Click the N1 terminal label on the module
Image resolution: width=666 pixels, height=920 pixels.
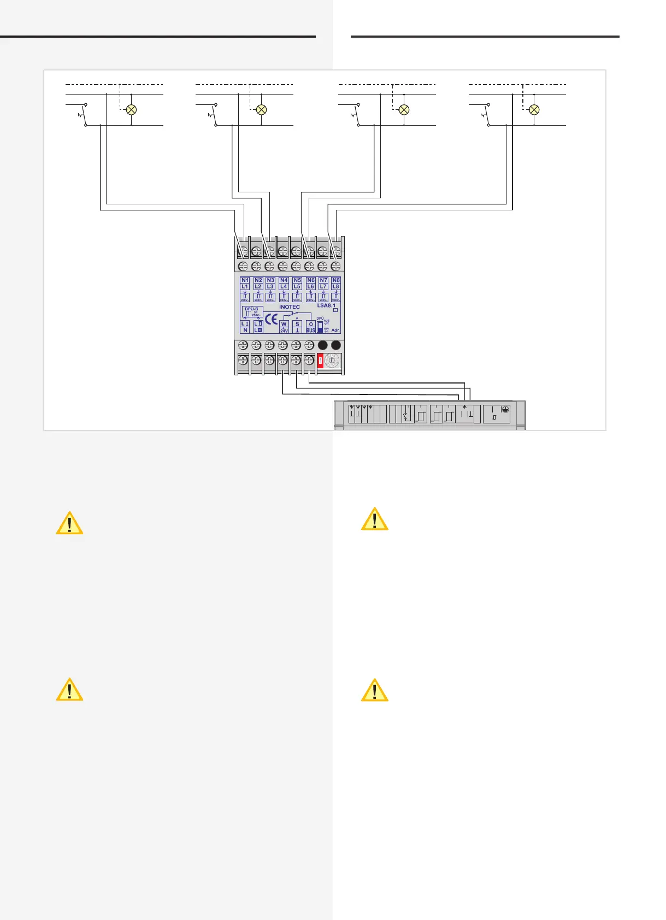point(245,280)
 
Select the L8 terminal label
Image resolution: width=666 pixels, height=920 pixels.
point(336,286)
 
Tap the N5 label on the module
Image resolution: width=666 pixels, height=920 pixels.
point(297,280)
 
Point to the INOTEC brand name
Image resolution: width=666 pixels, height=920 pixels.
point(290,307)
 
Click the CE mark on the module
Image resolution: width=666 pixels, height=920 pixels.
point(271,319)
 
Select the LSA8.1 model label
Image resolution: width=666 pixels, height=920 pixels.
point(326,306)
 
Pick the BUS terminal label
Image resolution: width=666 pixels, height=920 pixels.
point(310,331)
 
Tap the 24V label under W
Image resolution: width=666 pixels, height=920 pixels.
point(284,331)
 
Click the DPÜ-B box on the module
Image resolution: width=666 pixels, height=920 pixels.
point(252,312)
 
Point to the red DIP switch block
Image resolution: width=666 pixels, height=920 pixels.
point(320,361)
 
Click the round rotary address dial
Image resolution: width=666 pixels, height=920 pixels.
point(332,361)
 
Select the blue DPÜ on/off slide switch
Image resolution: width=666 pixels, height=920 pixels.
point(320,327)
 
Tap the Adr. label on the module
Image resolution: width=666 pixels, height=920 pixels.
point(335,331)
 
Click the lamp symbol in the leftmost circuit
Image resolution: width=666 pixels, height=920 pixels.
point(131,110)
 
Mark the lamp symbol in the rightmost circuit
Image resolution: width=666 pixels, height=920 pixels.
point(534,110)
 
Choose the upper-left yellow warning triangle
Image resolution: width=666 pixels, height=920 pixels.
point(69,523)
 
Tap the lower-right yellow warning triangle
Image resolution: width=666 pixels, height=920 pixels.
point(374,690)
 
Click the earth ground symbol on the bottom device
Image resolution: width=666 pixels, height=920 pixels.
point(505,409)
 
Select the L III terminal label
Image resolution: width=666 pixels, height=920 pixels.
point(258,330)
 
